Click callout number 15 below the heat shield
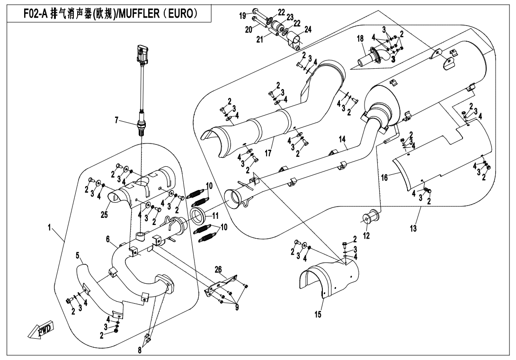point(318,315)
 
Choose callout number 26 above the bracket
point(218,270)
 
